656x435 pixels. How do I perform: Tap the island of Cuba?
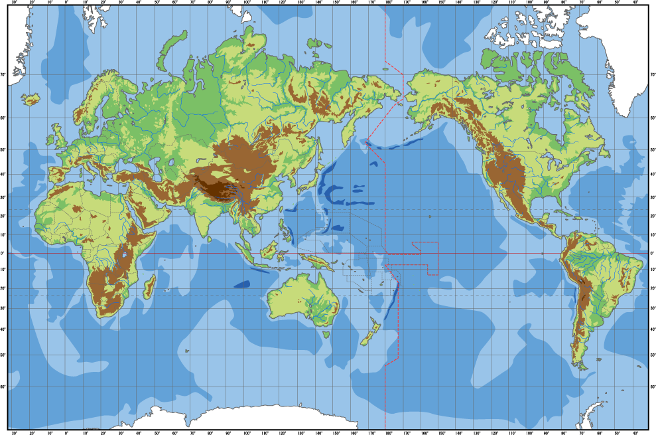pos(562,214)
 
